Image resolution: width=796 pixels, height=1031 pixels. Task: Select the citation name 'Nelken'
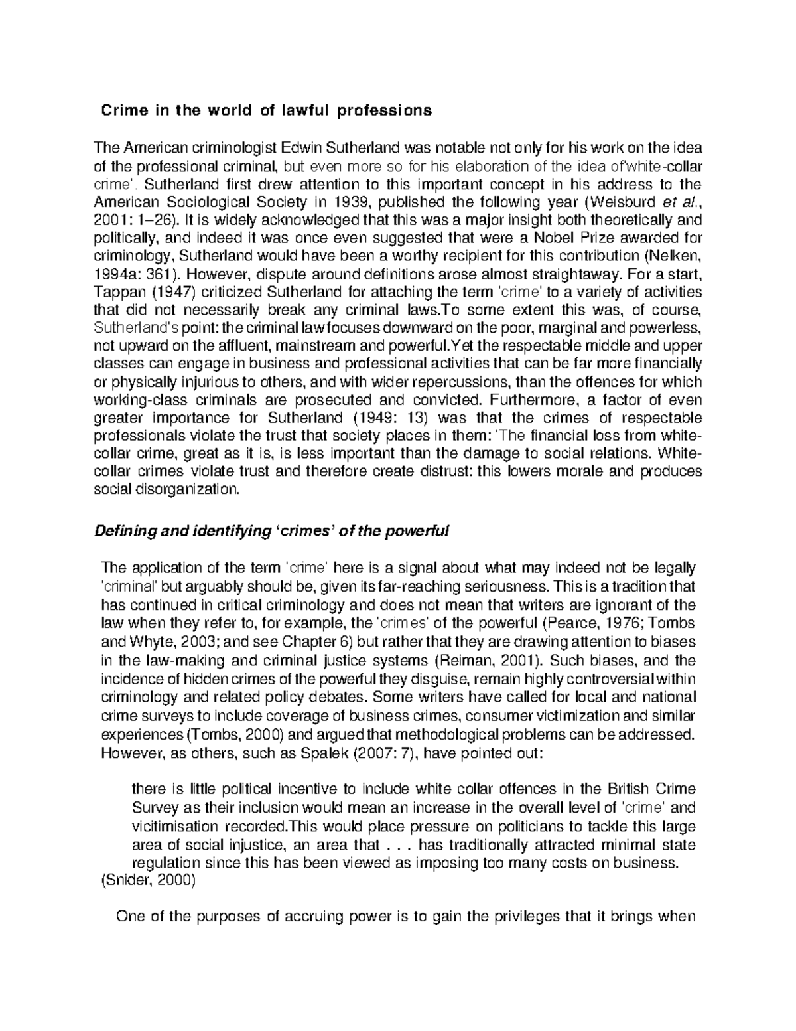point(676,256)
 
